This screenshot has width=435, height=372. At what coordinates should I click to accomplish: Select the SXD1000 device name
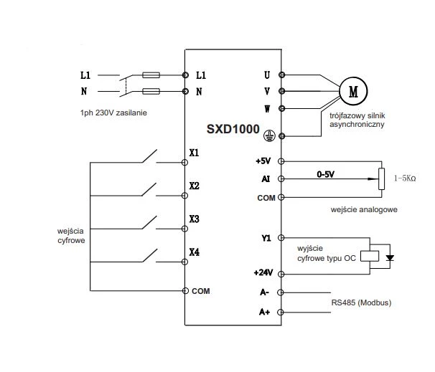(x=233, y=129)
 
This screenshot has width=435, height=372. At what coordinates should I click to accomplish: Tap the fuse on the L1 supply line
(x=151, y=75)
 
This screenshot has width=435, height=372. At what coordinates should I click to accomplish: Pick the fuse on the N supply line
(x=151, y=92)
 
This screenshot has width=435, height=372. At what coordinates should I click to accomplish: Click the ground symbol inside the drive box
(x=269, y=135)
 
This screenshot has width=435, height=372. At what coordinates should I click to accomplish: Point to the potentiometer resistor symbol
(x=381, y=179)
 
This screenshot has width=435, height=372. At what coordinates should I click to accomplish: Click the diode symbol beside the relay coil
(x=390, y=258)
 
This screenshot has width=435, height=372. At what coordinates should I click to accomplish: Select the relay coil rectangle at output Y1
(x=370, y=256)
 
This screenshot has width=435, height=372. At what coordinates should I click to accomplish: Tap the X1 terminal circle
(x=184, y=162)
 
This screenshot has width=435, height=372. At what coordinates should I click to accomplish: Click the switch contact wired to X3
(x=149, y=223)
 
